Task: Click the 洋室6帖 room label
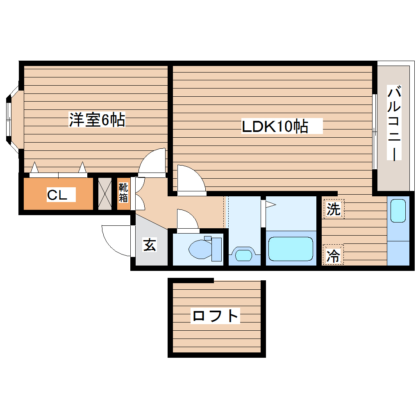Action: (97, 120)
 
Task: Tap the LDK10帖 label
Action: (275, 127)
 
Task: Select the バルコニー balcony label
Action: (394, 123)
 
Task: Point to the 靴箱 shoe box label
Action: (123, 193)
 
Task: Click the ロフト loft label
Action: (216, 316)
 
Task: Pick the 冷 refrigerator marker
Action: (333, 256)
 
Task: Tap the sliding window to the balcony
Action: (375, 131)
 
